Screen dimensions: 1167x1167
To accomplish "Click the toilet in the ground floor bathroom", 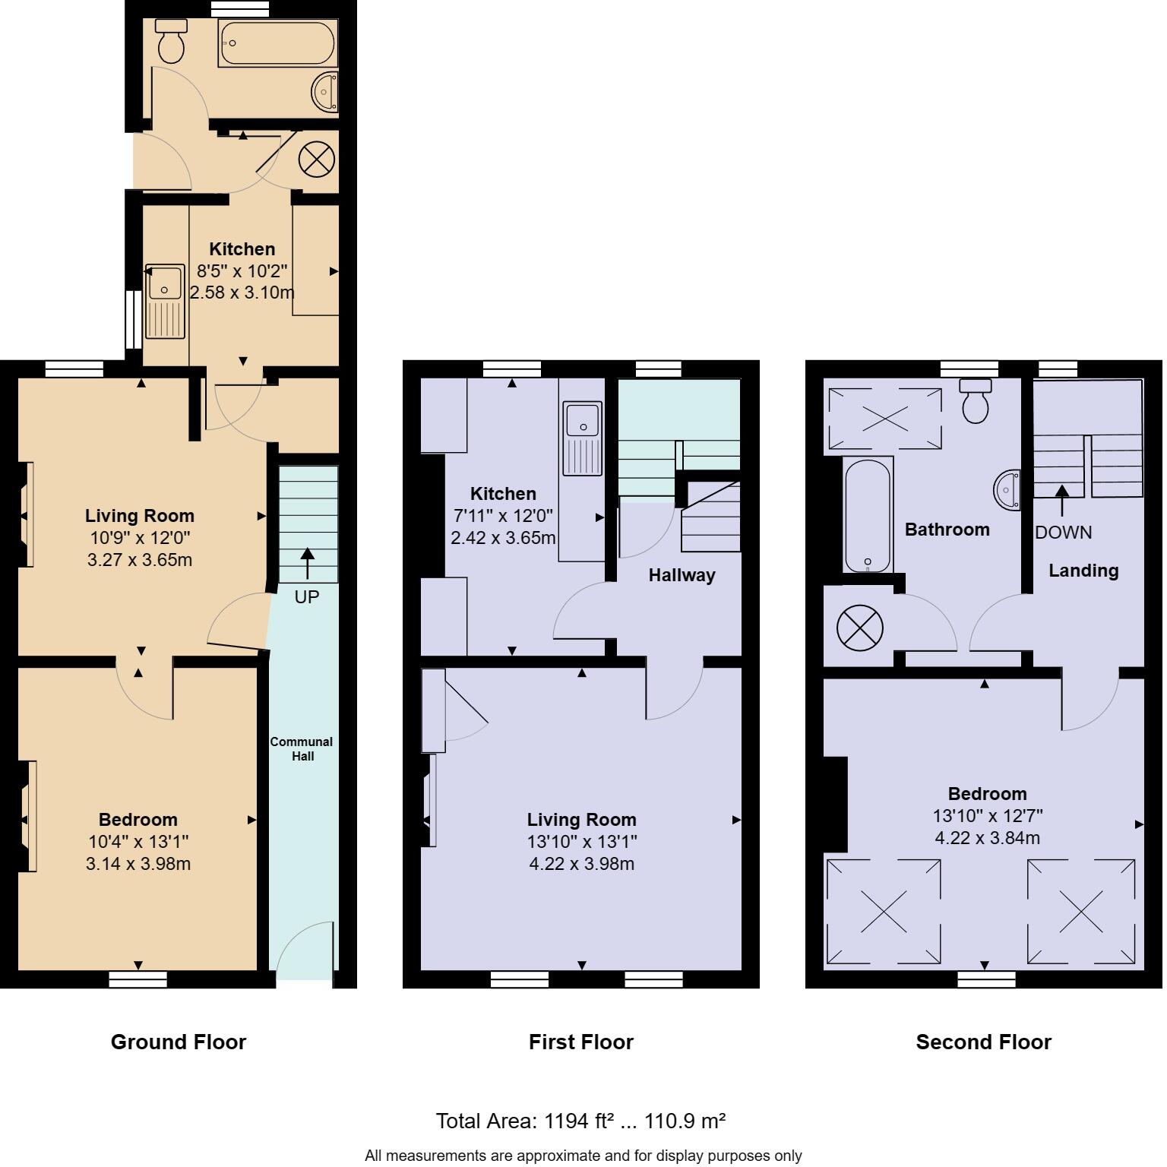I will pos(171,43).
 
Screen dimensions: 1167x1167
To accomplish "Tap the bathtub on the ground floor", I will pos(277,43).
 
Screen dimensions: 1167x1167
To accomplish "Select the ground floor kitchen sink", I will pos(165,301).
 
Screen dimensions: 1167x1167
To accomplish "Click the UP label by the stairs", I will pos(307,597).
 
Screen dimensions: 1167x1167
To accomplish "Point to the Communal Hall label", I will pos(302,749).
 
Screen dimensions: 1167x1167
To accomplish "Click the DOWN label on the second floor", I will pos(1063,533).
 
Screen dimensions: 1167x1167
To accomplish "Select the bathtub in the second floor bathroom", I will pos(868,514).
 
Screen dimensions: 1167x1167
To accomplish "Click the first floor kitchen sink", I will pos(583,437).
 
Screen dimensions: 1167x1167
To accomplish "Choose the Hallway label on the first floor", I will pos(682,576).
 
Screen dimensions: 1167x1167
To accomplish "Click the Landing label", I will pos(1083,571).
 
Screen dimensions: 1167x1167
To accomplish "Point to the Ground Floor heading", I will pos(179,1042).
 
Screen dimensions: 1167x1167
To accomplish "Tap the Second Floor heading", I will pos(983,1042).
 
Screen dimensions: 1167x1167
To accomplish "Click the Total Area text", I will pos(580,1121).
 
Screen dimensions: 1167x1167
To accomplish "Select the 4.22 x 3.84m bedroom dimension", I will pos(987,838).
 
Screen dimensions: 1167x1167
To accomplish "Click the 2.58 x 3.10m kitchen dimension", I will pos(242,293).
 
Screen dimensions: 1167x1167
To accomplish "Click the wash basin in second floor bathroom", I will pos(1009,491).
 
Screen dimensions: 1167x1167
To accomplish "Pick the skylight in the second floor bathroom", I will pos(884,419).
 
